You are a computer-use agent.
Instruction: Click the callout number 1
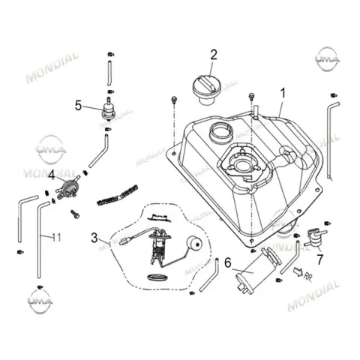tap(283, 94)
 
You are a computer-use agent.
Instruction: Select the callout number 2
tap(214, 55)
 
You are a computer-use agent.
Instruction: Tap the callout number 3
tap(94, 238)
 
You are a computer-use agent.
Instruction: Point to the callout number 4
tap(52, 175)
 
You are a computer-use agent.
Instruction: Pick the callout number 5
tap(78, 106)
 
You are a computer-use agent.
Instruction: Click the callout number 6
tap(228, 262)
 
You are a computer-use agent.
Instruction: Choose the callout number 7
tap(319, 259)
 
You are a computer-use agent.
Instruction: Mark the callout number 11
tap(57, 237)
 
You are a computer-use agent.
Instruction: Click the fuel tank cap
tap(207, 91)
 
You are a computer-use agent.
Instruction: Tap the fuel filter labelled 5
tap(109, 109)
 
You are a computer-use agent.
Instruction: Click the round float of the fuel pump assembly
tap(194, 244)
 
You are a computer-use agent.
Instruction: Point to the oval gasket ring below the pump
tap(157, 277)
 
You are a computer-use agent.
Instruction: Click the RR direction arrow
tap(298, 271)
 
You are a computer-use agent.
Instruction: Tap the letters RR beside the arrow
tap(308, 276)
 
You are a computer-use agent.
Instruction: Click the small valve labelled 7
tap(315, 237)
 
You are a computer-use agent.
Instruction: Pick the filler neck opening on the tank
tap(221, 131)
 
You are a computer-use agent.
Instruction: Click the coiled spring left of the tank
tap(117, 195)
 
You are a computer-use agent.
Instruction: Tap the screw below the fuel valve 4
tap(75, 214)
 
